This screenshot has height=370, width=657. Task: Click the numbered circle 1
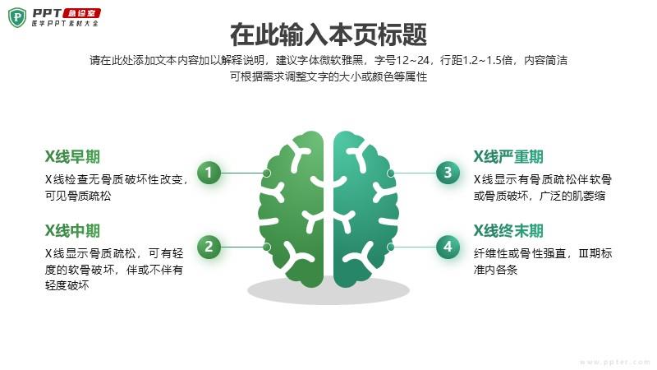point(209,173)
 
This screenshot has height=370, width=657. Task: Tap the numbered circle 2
point(209,246)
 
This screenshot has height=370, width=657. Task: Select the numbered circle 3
point(448,173)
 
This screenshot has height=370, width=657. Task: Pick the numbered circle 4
point(448,246)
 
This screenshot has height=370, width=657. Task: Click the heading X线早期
point(72,157)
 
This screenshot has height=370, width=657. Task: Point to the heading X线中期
point(72,231)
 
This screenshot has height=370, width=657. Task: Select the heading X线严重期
point(508,157)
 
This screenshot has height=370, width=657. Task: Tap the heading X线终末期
point(508,231)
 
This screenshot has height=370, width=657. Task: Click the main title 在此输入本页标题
point(328,35)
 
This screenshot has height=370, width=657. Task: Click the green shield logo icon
point(17,16)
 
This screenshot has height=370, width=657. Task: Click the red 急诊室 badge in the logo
point(83,13)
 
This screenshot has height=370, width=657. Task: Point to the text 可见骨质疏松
point(78,197)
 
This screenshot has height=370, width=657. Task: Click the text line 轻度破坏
point(67,286)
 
